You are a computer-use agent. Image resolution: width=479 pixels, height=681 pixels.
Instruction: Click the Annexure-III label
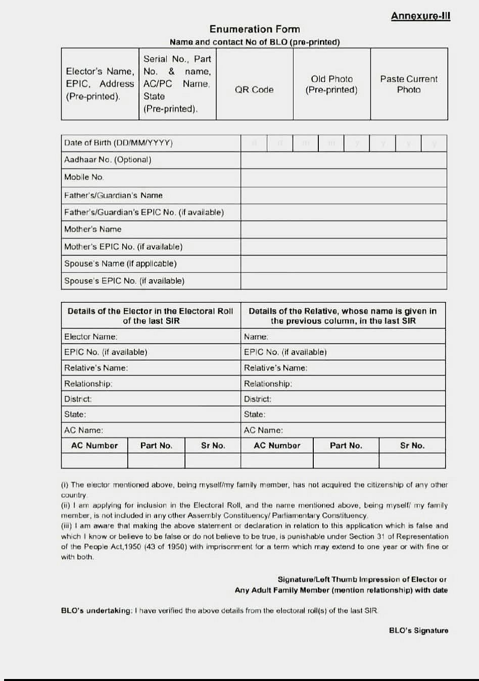tap(420, 16)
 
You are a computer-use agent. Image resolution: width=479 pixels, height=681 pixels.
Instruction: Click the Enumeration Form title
tap(255, 29)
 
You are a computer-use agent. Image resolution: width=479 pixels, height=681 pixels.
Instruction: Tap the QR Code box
tap(254, 84)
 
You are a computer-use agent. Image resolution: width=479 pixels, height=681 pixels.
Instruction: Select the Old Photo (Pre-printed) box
tap(331, 84)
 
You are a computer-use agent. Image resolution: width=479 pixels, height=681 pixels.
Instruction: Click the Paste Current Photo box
tap(409, 84)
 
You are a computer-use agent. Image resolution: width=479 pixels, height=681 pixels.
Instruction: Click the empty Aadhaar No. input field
tap(344, 160)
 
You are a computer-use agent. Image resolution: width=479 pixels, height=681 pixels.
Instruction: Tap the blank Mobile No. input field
tap(344, 177)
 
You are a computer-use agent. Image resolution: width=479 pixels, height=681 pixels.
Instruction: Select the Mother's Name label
tap(93, 229)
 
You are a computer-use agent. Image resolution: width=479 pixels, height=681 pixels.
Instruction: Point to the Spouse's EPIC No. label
tap(124, 281)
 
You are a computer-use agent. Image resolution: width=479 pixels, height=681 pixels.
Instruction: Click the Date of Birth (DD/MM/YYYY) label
tap(118, 143)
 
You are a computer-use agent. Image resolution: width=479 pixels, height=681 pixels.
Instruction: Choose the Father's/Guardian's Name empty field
tap(344, 196)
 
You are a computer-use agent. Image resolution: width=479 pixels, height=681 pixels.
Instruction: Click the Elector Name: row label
tap(91, 336)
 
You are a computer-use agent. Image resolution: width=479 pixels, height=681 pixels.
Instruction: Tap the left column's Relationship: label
tap(88, 383)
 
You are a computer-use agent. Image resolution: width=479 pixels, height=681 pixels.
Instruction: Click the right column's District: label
tap(258, 399)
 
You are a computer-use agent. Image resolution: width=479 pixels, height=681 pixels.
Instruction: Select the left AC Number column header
tap(94, 446)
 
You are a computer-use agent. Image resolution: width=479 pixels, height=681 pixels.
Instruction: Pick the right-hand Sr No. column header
tap(412, 446)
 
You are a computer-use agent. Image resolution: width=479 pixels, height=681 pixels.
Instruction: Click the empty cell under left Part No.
tap(156, 461)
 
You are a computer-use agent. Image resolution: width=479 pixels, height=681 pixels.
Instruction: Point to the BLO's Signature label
tap(418, 630)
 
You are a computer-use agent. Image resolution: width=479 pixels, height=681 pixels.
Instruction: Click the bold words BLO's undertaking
tap(96, 611)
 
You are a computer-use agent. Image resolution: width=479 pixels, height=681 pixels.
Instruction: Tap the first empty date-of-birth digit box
tap(254, 143)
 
